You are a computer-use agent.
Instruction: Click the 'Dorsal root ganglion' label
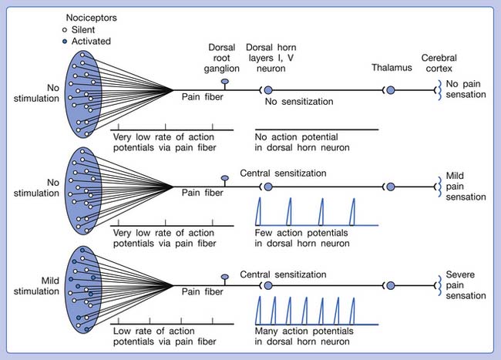225,57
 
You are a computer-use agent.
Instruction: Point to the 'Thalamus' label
389,67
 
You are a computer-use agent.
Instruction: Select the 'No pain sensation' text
467,89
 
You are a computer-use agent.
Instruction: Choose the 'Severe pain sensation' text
467,284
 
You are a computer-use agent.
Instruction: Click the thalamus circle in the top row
390,90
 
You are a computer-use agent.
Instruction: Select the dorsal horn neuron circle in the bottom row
268,284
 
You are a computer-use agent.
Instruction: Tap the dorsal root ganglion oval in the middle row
225,178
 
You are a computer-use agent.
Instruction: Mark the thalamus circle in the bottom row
390,284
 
